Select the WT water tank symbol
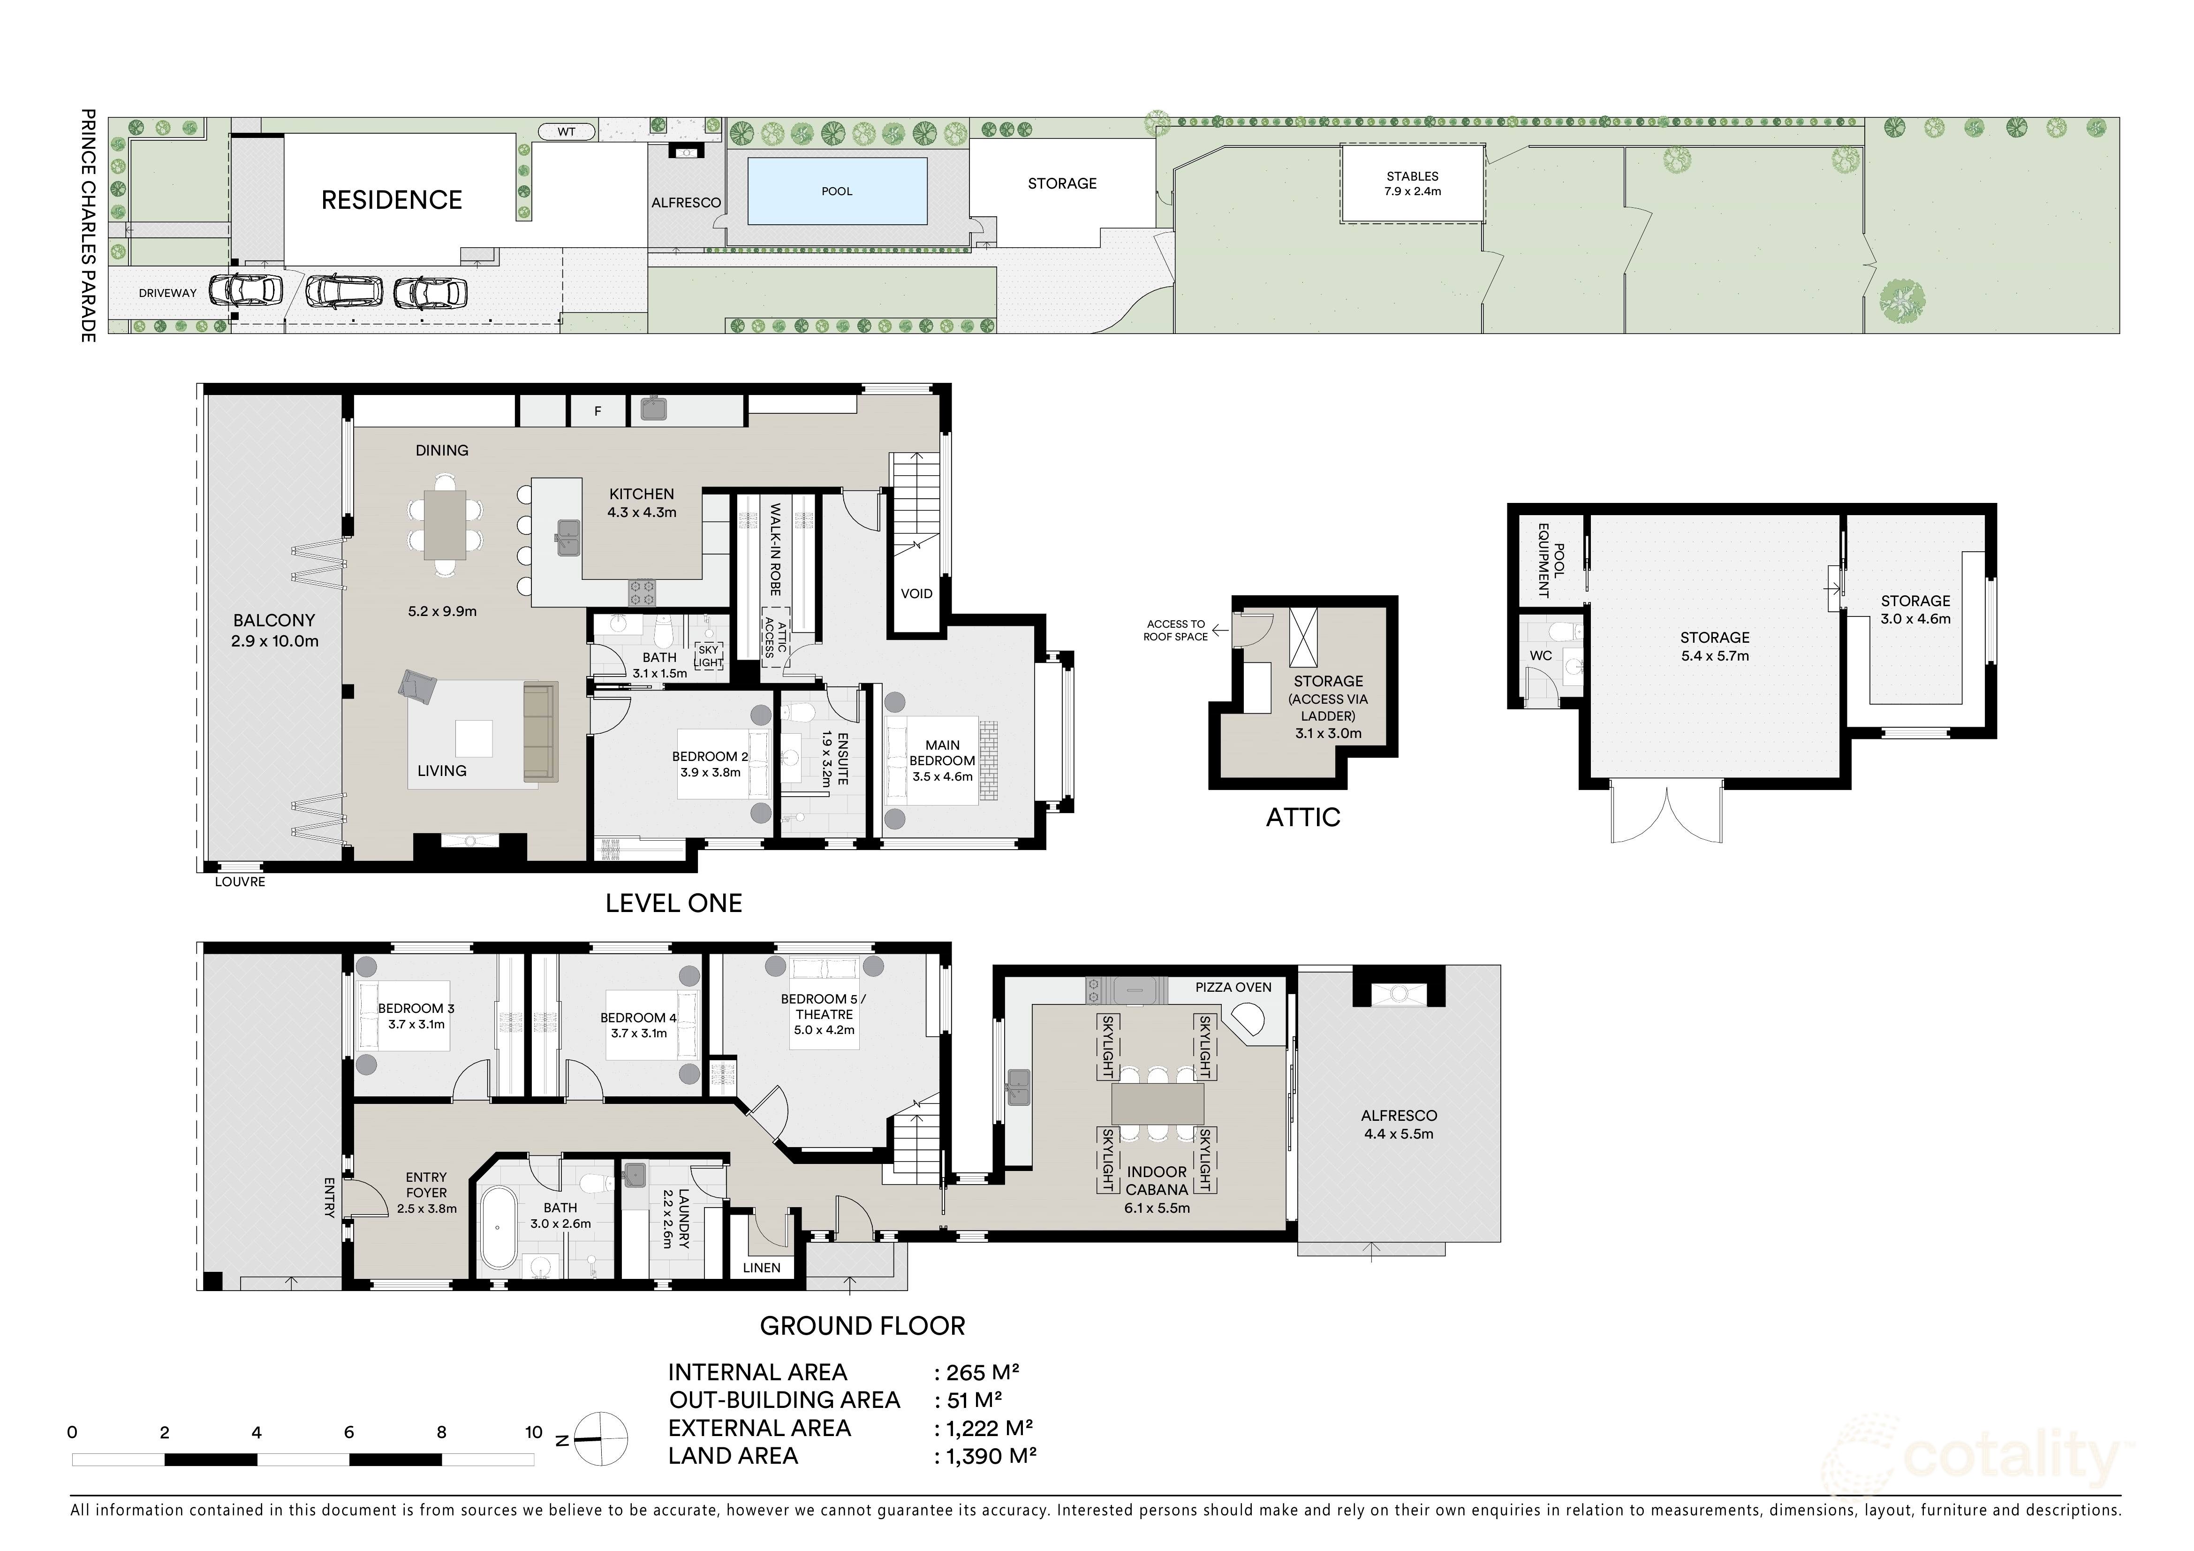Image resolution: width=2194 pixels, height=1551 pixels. [x=567, y=132]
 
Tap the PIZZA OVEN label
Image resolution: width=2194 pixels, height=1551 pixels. [x=1233, y=987]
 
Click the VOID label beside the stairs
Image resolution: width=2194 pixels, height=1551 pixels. [x=915, y=593]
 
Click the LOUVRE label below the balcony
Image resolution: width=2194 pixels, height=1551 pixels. [x=240, y=882]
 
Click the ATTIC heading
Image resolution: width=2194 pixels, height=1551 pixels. [x=1302, y=817]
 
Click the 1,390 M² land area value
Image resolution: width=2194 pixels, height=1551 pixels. [x=991, y=1456]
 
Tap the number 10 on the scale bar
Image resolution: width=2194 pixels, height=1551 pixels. [x=533, y=1432]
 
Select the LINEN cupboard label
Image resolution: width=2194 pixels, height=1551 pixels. [x=762, y=1268]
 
